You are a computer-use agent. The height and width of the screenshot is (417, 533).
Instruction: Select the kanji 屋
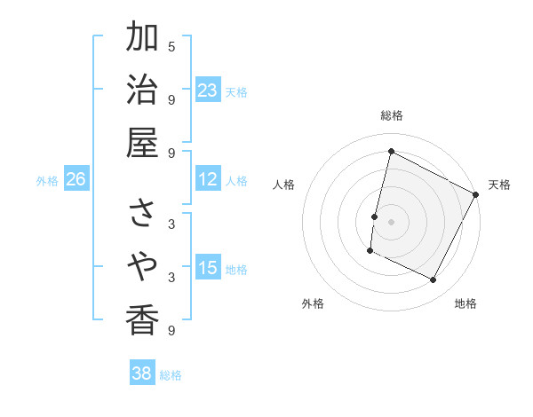(x=142, y=142)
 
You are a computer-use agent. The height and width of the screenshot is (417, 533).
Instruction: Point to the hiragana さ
(x=142, y=212)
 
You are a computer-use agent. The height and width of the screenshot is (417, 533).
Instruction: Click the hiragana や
(x=142, y=265)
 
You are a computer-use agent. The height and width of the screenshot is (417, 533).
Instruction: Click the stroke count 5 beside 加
(x=171, y=46)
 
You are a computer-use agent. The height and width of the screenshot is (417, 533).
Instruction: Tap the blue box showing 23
(x=207, y=90)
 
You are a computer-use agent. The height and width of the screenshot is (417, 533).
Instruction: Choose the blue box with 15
(x=207, y=268)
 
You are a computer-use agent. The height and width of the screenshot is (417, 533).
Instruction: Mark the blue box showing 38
(x=141, y=374)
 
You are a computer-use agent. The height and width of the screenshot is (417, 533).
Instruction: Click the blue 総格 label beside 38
(x=171, y=375)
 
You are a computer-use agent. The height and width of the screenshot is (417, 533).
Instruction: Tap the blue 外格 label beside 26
(x=47, y=181)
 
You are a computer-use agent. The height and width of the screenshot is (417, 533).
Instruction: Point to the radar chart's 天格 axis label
(x=499, y=185)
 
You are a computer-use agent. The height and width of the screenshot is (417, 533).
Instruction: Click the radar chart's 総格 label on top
(x=391, y=115)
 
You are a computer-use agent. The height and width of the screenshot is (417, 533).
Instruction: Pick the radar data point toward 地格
(x=434, y=280)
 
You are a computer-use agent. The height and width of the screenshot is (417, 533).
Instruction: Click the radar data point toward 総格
(x=391, y=151)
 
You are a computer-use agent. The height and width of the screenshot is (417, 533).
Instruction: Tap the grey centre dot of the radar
(x=391, y=221)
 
